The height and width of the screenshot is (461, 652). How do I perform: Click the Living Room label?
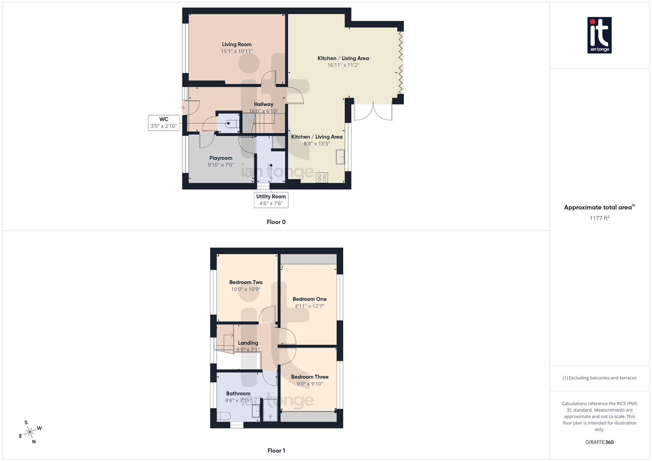point(237,45)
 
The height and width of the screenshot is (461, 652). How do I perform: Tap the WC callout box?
point(164,123)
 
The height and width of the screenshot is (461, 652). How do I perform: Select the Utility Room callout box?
point(271,200)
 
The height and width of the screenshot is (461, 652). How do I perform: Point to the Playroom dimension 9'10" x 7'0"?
point(221,165)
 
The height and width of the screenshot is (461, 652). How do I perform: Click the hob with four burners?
point(322,178)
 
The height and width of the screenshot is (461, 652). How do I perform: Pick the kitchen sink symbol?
point(340,157)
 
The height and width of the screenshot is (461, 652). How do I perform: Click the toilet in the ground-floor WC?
point(232,124)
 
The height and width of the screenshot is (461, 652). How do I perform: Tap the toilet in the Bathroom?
point(224,416)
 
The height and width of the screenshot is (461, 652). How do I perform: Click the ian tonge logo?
point(599,35)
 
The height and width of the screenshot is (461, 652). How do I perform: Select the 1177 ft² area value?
point(599,218)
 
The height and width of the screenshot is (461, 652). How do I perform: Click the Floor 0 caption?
point(276,222)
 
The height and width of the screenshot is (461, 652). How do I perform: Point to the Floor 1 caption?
point(276,450)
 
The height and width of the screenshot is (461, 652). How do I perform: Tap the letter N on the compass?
point(34,442)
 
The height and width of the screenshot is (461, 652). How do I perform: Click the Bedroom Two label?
point(246,282)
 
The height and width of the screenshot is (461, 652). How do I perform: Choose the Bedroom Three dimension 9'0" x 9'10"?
point(310,384)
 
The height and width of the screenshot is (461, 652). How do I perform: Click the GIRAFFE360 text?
point(599,442)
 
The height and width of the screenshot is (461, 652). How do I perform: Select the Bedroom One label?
point(309,299)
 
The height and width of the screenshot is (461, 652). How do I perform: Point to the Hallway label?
point(263,104)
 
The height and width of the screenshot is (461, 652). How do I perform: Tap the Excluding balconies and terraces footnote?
point(599,378)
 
